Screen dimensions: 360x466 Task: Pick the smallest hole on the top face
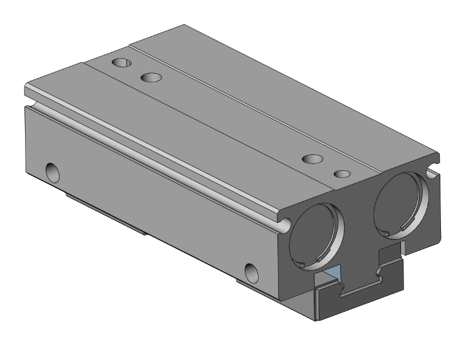(341, 173)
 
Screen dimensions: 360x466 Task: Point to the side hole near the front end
(252, 272)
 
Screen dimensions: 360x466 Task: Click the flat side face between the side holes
(157, 207)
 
